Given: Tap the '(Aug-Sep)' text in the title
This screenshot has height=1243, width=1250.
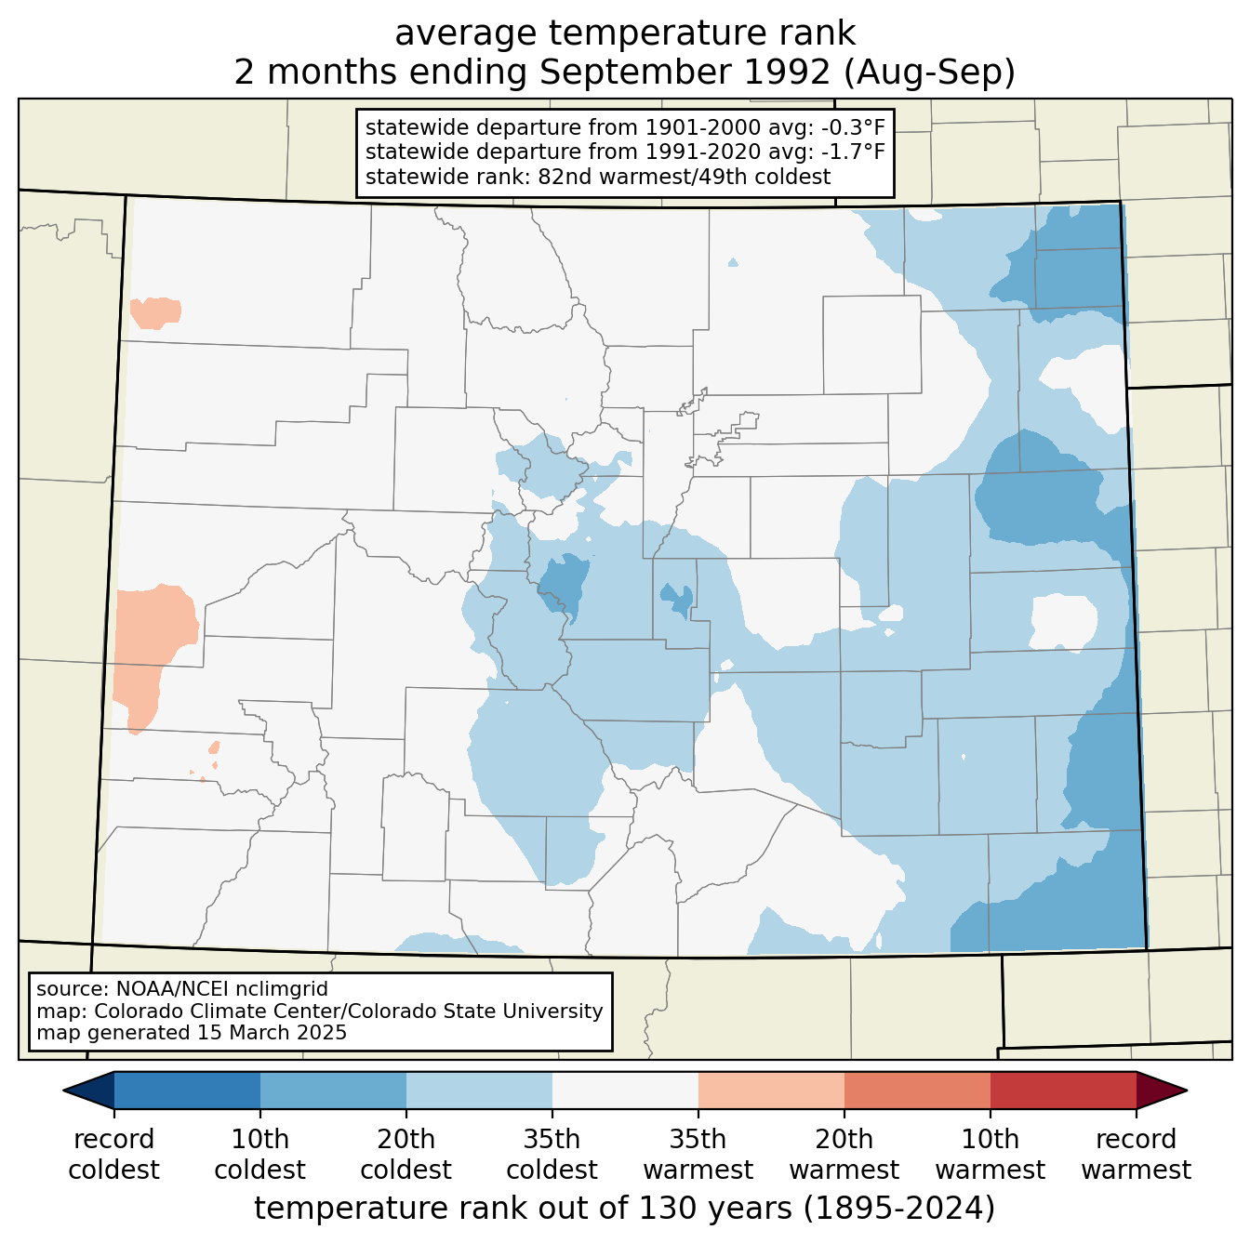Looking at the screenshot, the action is (929, 72).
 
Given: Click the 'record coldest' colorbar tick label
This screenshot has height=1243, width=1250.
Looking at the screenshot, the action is (113, 1172).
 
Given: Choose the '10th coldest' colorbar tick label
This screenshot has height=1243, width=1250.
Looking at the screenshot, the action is (259, 1172).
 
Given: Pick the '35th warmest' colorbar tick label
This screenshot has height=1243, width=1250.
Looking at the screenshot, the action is (698, 1172).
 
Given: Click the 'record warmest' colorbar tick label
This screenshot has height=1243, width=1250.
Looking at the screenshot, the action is (1136, 1172).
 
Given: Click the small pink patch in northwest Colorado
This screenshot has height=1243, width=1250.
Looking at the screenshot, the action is (155, 312).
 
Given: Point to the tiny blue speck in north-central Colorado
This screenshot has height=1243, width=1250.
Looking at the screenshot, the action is (733, 262).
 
